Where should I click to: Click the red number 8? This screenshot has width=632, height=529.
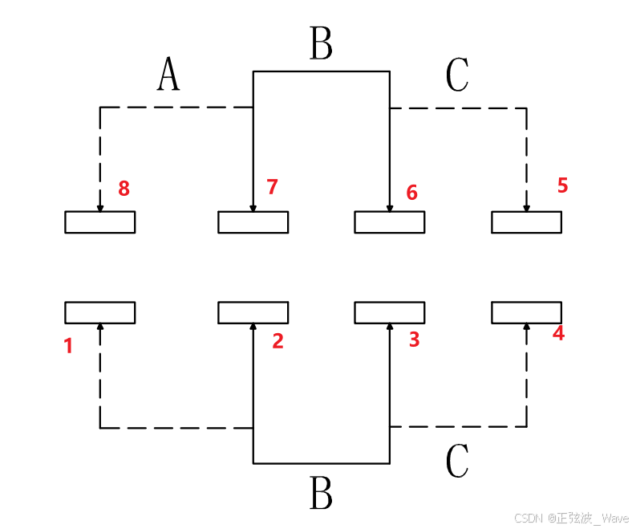tap(124, 189)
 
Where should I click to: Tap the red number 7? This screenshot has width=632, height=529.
tap(272, 187)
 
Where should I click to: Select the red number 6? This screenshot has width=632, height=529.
tap(412, 193)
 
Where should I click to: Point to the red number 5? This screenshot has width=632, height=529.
tap(562, 185)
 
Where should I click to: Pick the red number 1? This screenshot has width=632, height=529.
tap(68, 346)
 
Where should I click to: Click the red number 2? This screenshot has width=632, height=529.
tap(278, 341)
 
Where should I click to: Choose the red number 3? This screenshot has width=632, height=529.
tap(414, 340)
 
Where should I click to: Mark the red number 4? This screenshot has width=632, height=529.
tap(558, 333)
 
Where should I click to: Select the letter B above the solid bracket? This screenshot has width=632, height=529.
tap(321, 44)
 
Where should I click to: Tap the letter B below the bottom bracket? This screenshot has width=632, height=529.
tap(321, 494)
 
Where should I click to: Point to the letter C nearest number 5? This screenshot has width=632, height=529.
tap(456, 75)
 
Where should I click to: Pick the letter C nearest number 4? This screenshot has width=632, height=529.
tap(456, 461)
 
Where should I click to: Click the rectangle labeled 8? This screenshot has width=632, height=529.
tap(99, 222)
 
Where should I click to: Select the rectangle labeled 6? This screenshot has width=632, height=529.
tap(390, 222)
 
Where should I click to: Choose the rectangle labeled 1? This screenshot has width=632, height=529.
tap(99, 312)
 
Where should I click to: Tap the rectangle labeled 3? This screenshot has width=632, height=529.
tap(390, 312)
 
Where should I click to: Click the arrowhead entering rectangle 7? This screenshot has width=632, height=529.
tap(253, 209)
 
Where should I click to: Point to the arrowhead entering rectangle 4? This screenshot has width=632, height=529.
tap(527, 326)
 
